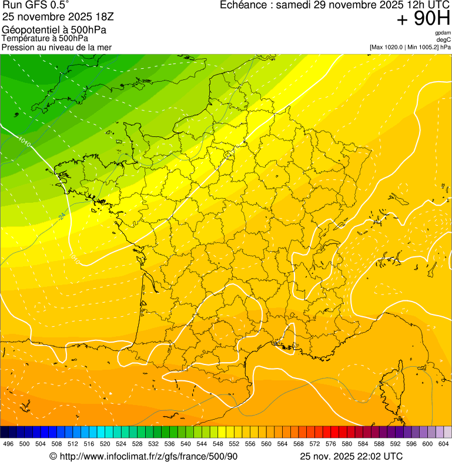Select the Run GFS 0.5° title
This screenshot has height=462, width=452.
[35, 6]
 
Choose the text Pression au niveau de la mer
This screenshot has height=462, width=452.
[56, 47]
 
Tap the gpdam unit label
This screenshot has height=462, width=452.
[443, 33]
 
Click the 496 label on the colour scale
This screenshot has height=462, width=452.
[8, 444]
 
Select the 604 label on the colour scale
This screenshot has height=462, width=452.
[444, 444]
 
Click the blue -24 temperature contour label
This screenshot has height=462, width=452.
[62, 217]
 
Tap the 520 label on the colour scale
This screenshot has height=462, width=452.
[105, 444]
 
